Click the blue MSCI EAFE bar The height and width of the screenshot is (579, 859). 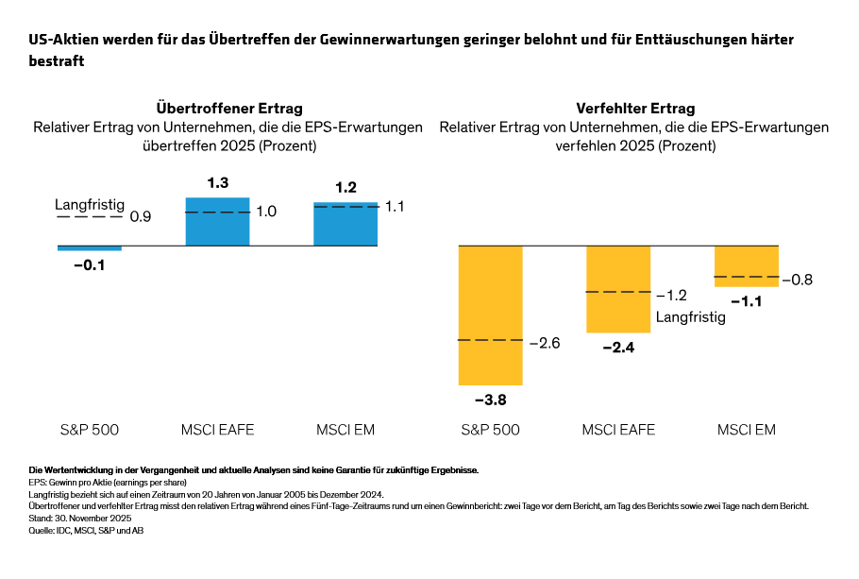(217, 222)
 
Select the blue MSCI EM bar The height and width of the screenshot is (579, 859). (345, 225)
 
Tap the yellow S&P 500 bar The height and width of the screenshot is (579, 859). (490, 315)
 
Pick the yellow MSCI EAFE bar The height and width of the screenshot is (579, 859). (618, 289)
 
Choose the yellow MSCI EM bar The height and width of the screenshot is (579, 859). (747, 265)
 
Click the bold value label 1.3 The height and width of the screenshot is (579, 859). (218, 183)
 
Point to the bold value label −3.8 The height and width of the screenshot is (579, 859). (490, 400)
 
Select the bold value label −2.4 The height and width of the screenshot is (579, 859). (618, 348)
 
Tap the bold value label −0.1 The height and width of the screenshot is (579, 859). (90, 265)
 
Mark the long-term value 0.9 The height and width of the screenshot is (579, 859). (141, 217)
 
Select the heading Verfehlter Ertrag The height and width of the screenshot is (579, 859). (634, 109)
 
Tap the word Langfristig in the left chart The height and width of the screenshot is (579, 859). (90, 204)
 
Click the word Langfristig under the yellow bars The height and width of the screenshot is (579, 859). (690, 317)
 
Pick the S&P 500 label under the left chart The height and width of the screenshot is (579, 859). (89, 431)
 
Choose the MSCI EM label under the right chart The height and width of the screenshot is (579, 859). (746, 431)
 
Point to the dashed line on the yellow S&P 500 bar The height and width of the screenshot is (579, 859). (490, 340)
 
